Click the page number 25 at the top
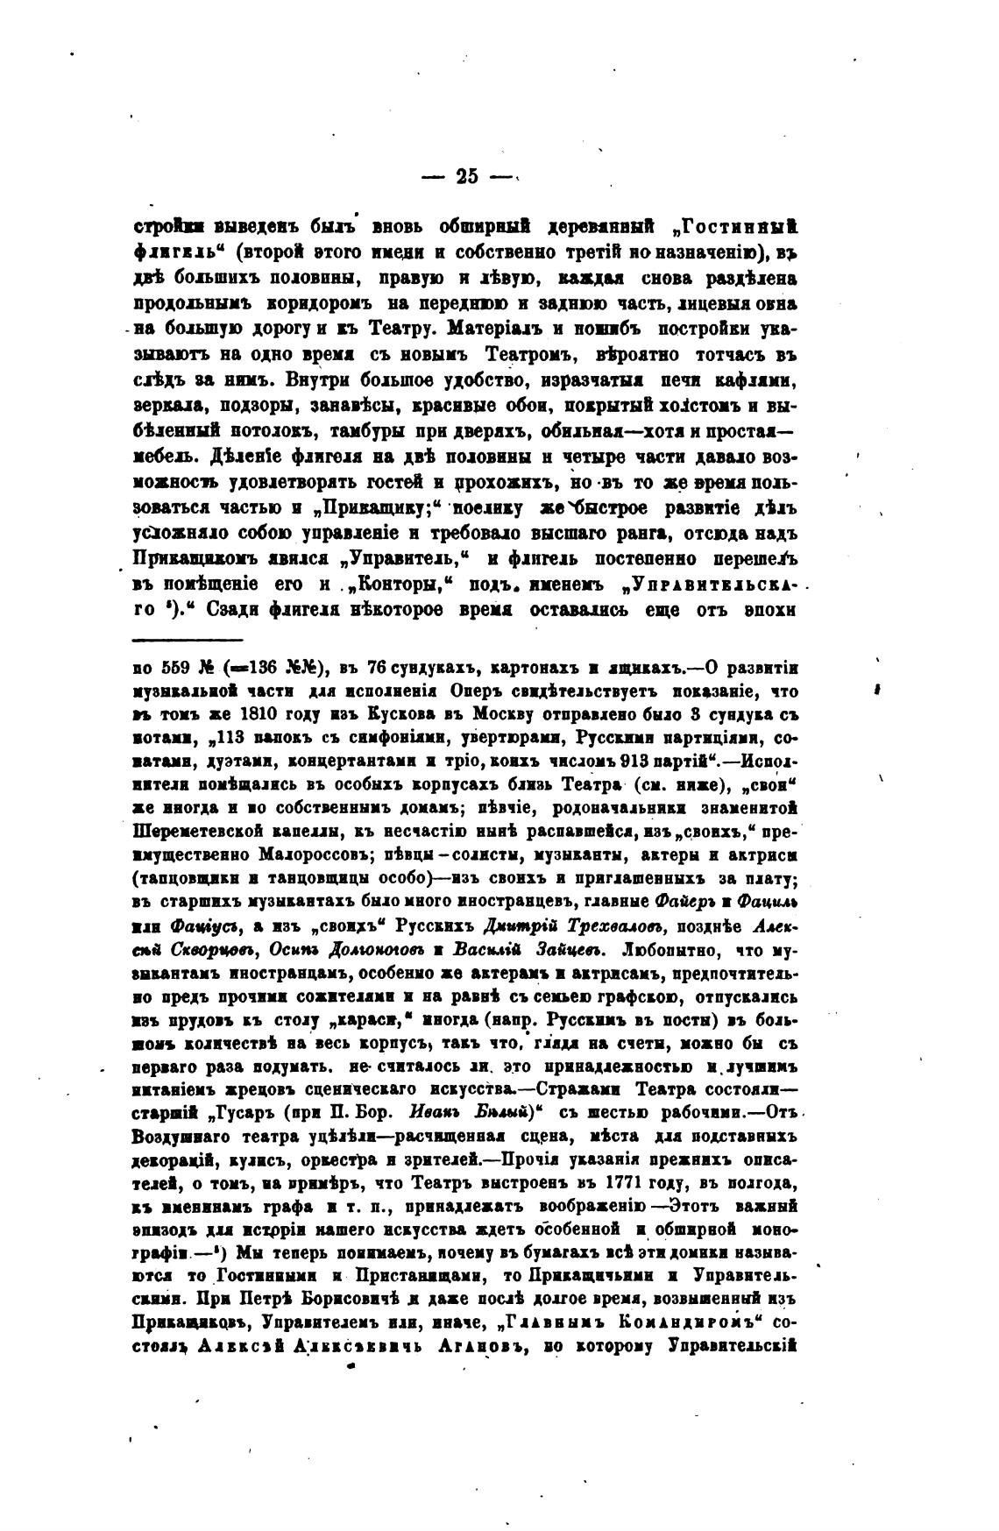pyautogui.click(x=466, y=176)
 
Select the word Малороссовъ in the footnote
pyautogui.click(x=303, y=852)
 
